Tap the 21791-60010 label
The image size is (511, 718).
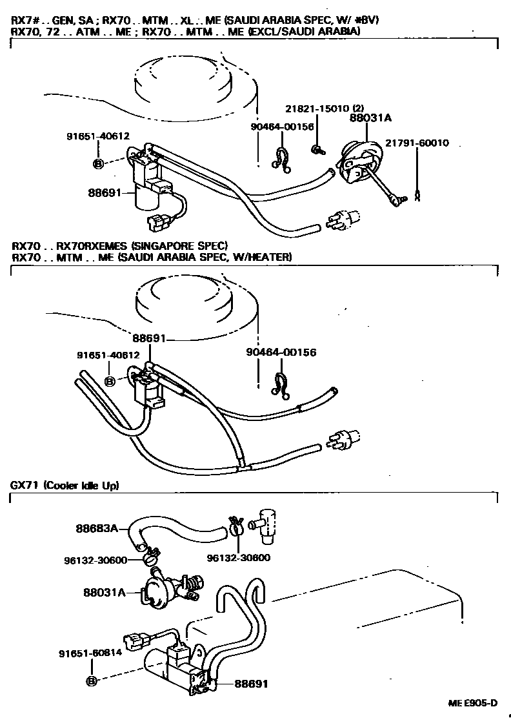click(x=417, y=143)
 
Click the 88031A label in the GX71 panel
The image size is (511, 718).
click(x=104, y=591)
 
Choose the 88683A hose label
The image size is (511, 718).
click(x=97, y=528)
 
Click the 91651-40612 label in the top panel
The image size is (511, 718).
click(x=98, y=136)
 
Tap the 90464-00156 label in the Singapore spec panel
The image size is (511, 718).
click(x=281, y=353)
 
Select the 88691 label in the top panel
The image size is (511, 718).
click(x=106, y=192)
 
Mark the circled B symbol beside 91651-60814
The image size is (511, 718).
click(x=91, y=681)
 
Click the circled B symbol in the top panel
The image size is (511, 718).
click(x=98, y=164)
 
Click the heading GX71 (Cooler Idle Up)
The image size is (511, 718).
click(x=65, y=485)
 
